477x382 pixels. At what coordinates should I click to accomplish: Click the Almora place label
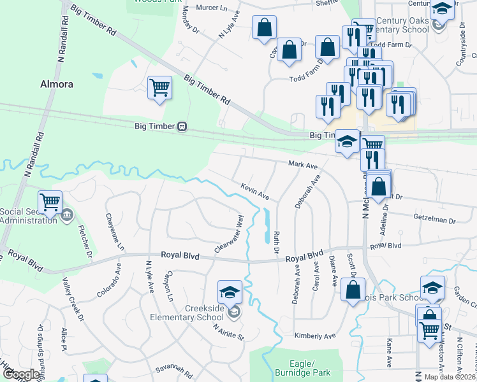point(57,84)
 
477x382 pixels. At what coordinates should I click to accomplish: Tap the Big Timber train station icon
point(182,126)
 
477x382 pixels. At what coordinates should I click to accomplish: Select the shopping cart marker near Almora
point(159,88)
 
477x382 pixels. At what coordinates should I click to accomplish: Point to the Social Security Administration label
point(28,216)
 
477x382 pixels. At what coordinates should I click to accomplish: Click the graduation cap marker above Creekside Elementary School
point(230,292)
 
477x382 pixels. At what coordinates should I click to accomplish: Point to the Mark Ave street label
point(303,165)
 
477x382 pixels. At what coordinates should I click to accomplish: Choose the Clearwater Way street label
point(230,234)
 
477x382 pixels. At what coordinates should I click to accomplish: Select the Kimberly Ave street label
point(314,336)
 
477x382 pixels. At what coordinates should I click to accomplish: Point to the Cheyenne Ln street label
point(115,231)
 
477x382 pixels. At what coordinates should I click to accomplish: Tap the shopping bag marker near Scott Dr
point(353,290)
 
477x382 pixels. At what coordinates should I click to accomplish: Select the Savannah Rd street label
point(173,370)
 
